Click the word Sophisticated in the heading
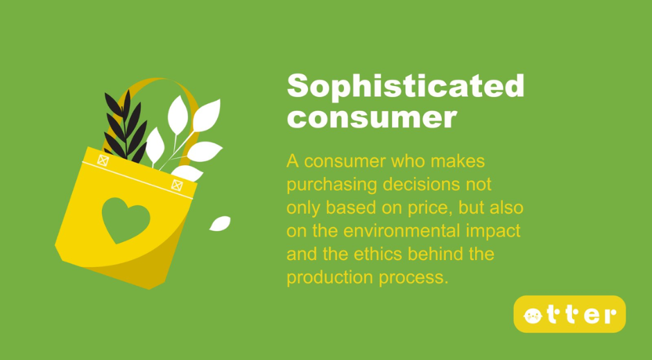[x=406, y=85]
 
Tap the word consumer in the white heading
[x=372, y=118]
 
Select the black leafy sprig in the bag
[x=126, y=127]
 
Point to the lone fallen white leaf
[x=220, y=223]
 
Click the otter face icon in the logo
[x=533, y=316]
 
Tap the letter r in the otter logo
[x=610, y=316]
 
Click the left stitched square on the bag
[x=103, y=160]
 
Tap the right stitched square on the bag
[x=177, y=185]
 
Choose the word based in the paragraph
[x=351, y=207]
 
